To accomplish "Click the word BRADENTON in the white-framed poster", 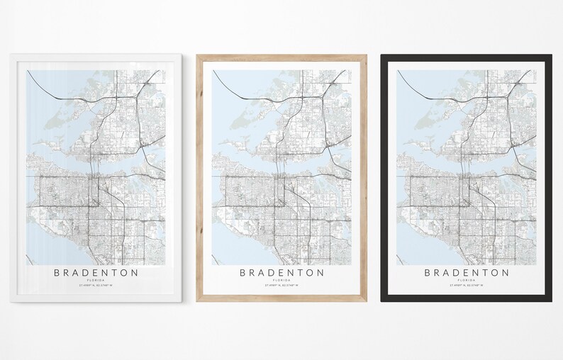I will (x=96, y=272).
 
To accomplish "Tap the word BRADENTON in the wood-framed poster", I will (x=281, y=272).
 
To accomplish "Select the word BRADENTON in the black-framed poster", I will (x=467, y=272).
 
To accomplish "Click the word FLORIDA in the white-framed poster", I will (x=96, y=281).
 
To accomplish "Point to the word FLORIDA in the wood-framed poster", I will (x=281, y=281).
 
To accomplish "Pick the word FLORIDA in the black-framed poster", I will (x=467, y=281).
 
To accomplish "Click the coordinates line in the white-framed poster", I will (x=96, y=286).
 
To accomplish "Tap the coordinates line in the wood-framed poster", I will (x=281, y=286).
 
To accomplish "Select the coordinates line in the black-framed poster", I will (x=467, y=286).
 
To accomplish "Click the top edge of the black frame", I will (x=467, y=57).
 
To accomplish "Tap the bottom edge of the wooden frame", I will (x=281, y=299).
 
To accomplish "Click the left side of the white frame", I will (x=14, y=177).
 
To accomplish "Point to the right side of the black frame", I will (x=550, y=177).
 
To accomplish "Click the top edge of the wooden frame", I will (x=281, y=57).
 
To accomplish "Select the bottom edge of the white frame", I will (x=96, y=299).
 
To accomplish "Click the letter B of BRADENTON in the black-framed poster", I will (x=428, y=272).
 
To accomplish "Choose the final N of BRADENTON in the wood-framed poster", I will (x=320, y=272).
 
